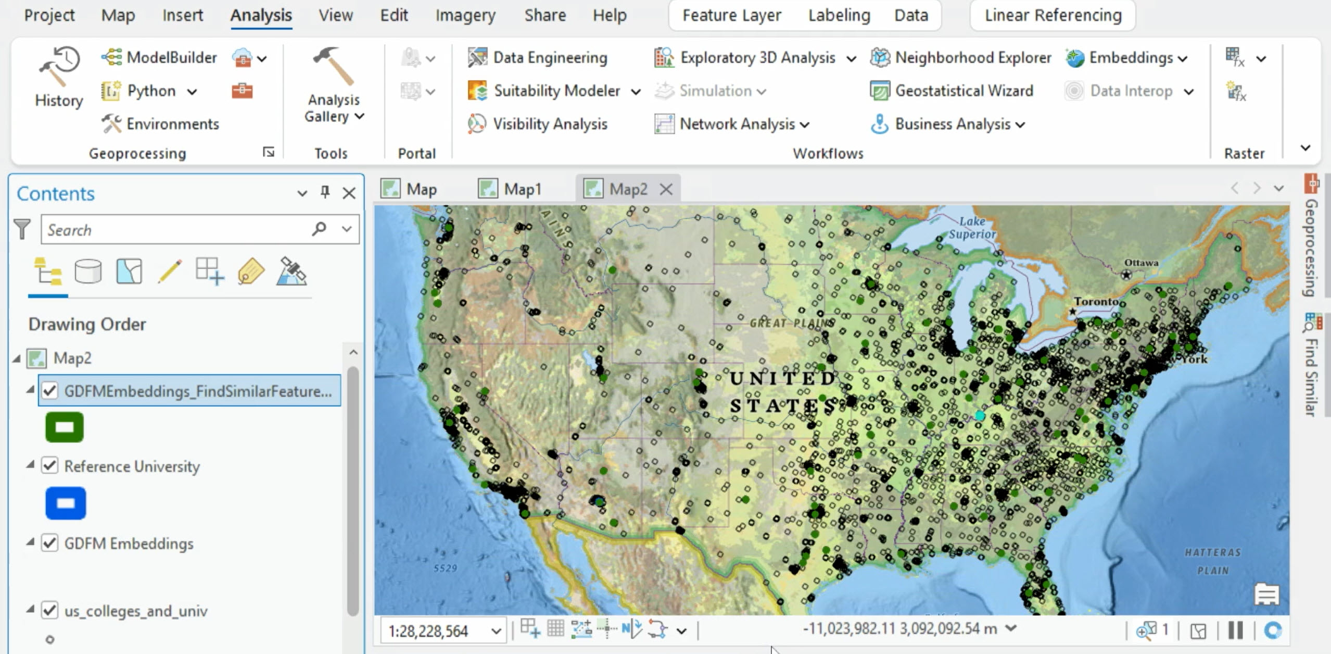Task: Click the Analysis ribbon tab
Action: (261, 16)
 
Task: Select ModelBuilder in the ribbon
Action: (160, 57)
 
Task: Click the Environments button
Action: (161, 124)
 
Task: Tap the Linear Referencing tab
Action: (1053, 16)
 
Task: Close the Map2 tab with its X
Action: (666, 189)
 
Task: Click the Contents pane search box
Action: (177, 230)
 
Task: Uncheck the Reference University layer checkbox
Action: (50, 465)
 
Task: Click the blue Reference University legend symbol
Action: (66, 503)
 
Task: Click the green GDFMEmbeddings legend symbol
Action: (65, 427)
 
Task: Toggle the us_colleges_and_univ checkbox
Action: (50, 610)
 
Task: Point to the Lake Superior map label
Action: (971, 228)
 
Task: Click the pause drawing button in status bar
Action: (1235, 631)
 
